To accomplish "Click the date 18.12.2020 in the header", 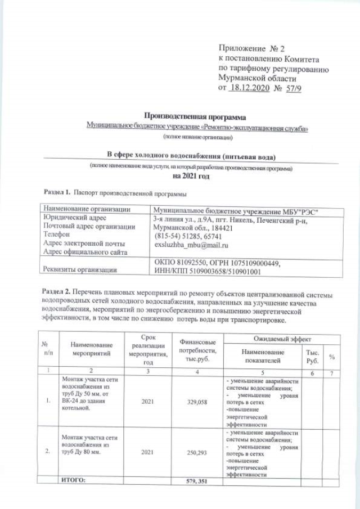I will click(248, 89).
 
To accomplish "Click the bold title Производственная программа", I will click(196, 117).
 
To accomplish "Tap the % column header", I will click(332, 357).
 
